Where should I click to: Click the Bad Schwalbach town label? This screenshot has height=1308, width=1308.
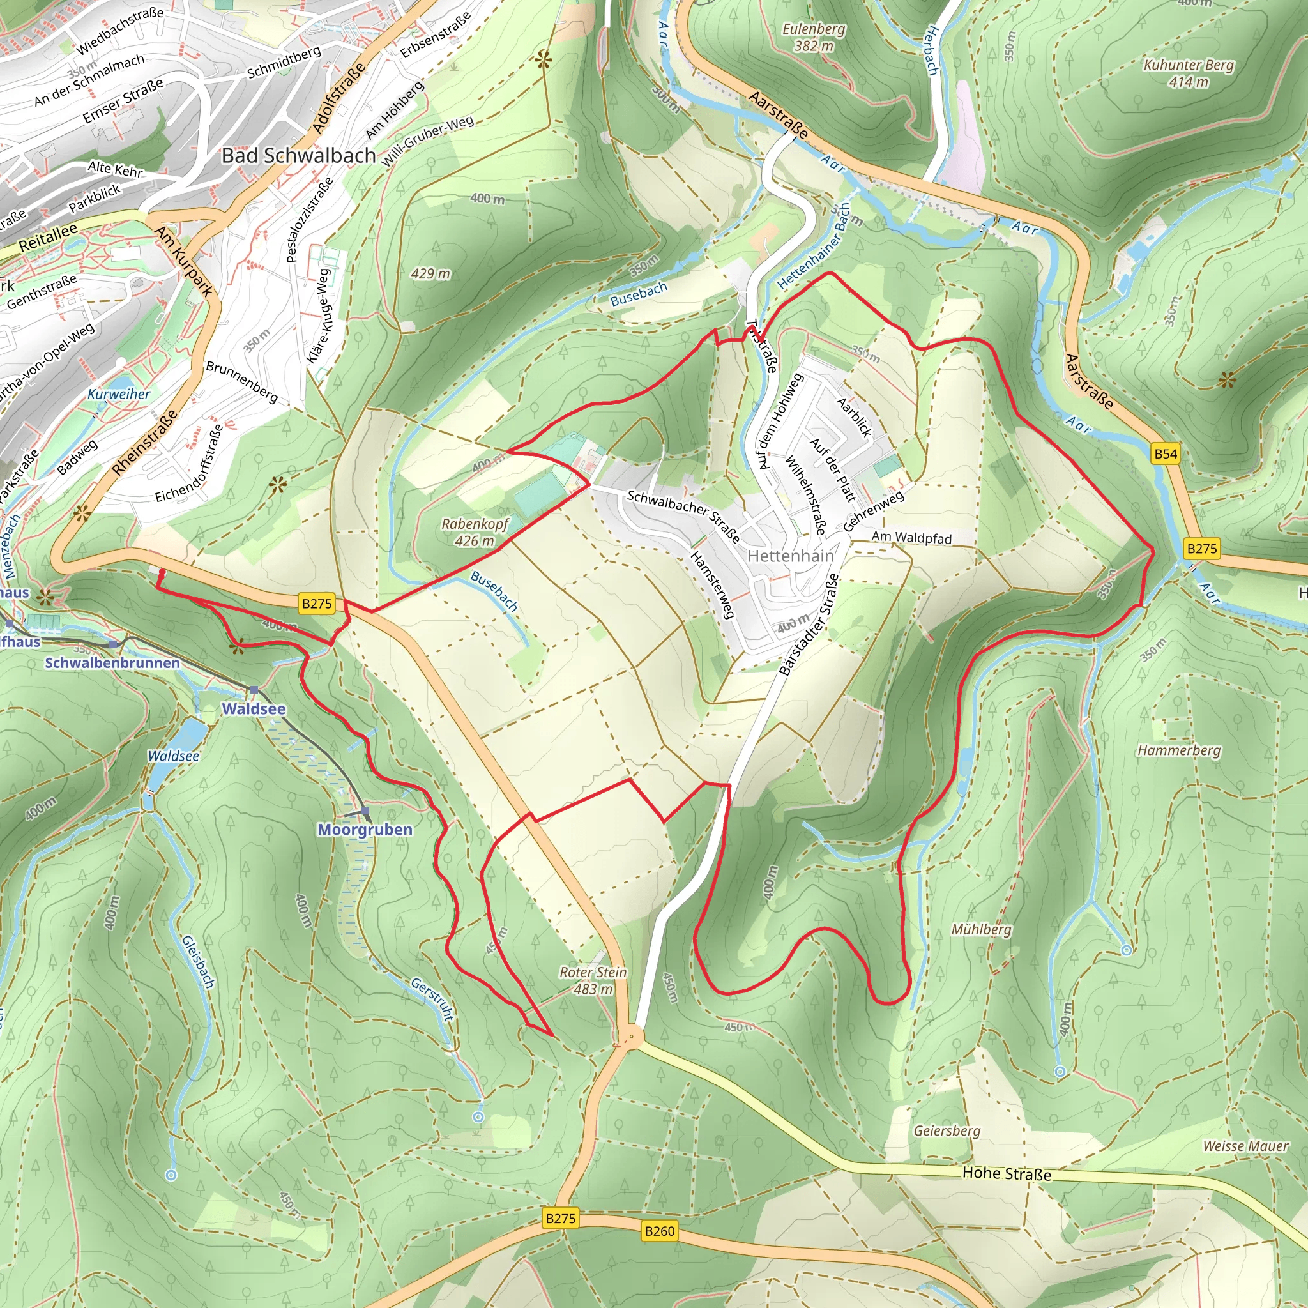[298, 156]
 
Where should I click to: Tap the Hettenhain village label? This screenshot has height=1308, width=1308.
[791, 556]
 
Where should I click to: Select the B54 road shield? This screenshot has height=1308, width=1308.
[1165, 453]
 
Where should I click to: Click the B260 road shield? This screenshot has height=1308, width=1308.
[659, 1230]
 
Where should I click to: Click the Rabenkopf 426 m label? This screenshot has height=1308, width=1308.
[475, 532]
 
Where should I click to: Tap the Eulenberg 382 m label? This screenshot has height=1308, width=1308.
[813, 37]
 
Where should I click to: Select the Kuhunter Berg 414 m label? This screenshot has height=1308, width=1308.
[1188, 73]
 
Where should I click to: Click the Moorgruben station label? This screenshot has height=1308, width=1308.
[365, 830]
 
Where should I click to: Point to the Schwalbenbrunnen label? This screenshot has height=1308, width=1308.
[112, 663]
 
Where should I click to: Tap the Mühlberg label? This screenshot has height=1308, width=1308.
[981, 929]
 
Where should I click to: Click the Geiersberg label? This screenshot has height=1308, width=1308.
[947, 1130]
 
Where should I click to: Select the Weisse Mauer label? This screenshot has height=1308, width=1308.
[1245, 1146]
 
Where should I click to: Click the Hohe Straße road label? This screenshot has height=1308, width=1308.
[1007, 1173]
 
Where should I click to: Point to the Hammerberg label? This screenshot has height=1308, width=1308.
[1179, 750]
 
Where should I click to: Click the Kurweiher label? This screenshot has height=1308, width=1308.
[119, 394]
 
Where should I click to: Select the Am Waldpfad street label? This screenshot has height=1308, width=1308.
[911, 538]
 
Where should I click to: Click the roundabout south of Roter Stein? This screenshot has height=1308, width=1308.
[632, 1036]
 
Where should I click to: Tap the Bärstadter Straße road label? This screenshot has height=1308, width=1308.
[809, 624]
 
